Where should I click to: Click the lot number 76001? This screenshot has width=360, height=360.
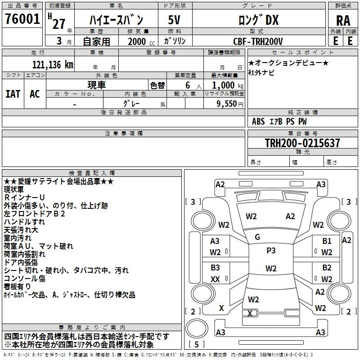tap(22, 19)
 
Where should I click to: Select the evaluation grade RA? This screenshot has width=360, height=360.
tap(343, 21)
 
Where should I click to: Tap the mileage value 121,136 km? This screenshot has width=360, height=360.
tap(53, 65)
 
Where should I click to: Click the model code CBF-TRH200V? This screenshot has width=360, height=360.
tap(258, 41)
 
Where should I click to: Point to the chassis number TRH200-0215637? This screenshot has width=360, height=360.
tap(302, 143)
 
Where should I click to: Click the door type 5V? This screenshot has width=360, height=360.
tap(174, 20)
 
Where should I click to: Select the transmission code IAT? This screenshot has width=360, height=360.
tap(13, 94)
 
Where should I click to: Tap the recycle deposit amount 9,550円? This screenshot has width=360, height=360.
tap(230, 104)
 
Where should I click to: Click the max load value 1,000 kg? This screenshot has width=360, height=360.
tap(228, 85)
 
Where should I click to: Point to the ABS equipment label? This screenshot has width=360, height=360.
tap(258, 121)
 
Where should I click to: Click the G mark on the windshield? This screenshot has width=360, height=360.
tap(257, 237)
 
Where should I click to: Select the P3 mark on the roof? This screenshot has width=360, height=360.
tap(271, 250)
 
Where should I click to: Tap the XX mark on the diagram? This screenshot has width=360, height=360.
tap(215, 279)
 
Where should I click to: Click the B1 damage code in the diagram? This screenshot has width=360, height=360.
tap(327, 241)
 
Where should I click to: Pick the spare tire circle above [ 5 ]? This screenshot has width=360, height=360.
tap(197, 328)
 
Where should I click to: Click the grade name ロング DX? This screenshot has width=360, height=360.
tap(258, 20)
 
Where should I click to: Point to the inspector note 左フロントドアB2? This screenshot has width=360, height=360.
tap(35, 214)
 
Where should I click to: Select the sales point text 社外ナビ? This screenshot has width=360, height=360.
tap(261, 73)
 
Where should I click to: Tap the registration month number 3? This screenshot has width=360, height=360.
tap(59, 41)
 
